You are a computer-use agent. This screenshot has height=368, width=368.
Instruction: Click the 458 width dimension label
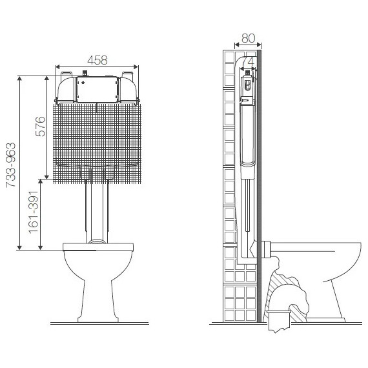pyautogui.click(x=97, y=60)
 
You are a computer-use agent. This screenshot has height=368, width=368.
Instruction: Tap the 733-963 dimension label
pyautogui.click(x=11, y=165)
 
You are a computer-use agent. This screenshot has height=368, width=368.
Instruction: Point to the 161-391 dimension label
pyautogui.click(x=34, y=212)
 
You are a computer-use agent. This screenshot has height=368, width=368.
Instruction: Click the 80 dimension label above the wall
pyautogui.click(x=248, y=38)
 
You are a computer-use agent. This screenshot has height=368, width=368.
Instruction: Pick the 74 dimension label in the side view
pyautogui.click(x=249, y=61)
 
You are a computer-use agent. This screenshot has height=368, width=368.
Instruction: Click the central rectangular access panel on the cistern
pyautogui.click(x=97, y=90)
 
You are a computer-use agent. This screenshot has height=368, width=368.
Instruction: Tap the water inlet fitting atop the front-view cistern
pyautogui.click(x=85, y=73)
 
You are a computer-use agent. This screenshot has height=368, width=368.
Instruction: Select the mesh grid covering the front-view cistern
pyautogui.click(x=97, y=143)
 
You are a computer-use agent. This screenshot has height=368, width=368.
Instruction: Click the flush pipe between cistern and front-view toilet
pyautogui.click(x=97, y=211)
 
